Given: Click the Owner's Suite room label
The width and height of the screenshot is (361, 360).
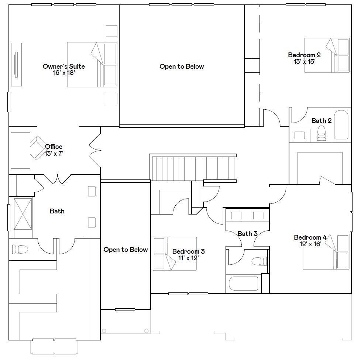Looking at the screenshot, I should [63, 66].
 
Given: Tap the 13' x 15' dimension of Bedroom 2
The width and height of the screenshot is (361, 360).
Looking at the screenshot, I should [304, 62].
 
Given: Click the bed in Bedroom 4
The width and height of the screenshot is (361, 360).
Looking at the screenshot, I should [326, 251].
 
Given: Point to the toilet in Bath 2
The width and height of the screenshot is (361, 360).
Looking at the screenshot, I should [322, 133].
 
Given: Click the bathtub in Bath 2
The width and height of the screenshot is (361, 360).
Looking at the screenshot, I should [341, 124].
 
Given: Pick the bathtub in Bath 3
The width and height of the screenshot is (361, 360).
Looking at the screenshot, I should [243, 284].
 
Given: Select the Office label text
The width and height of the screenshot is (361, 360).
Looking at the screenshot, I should [54, 147].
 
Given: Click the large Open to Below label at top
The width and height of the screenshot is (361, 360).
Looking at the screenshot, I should [182, 66].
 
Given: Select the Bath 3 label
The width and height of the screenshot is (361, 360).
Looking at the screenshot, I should [247, 234].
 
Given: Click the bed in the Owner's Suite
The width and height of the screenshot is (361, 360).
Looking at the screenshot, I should [92, 64].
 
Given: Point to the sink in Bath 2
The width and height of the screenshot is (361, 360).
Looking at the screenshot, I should [300, 135].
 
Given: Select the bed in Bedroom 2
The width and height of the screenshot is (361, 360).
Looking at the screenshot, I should [327, 55].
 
